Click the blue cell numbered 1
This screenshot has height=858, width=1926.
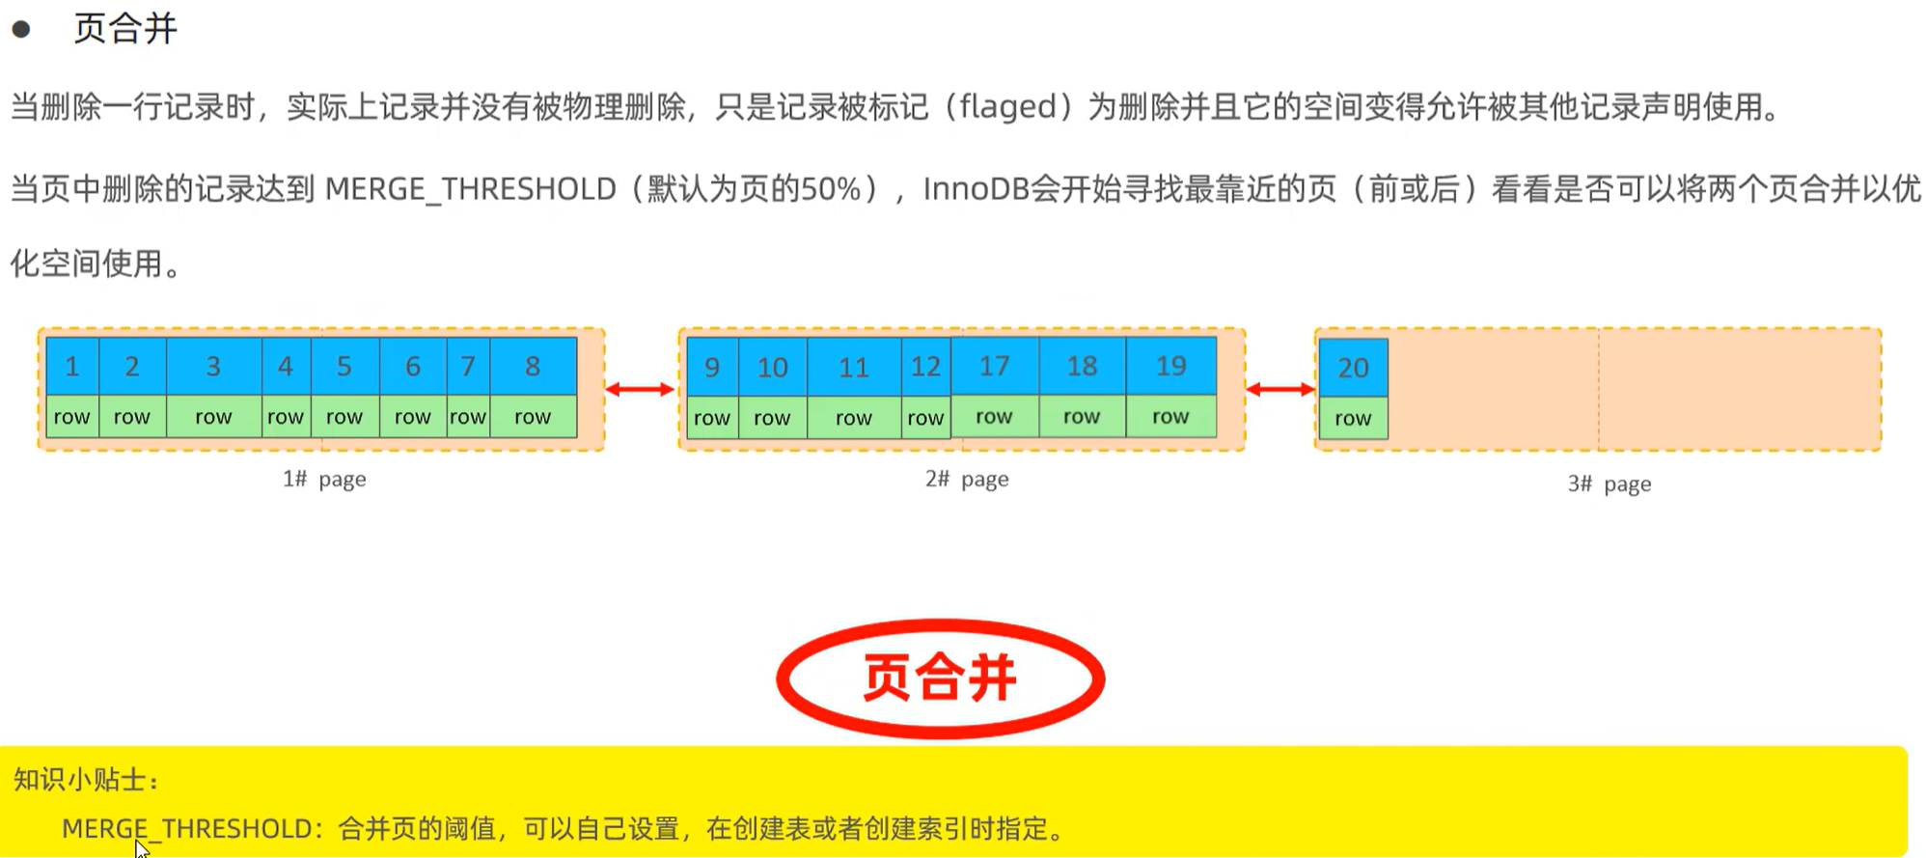tap(72, 367)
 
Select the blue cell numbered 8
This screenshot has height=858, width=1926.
tap(533, 367)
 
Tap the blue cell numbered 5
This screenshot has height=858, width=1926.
tap(344, 367)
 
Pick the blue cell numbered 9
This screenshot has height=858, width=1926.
tap(712, 368)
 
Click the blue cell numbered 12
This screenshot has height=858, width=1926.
tap(925, 368)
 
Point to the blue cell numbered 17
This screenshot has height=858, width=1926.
tap(994, 366)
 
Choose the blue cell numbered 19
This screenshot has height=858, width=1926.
tap(1170, 366)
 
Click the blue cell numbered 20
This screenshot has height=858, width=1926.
tap(1353, 368)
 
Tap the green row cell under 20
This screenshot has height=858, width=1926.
tap(1353, 419)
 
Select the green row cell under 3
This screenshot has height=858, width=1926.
tap(213, 417)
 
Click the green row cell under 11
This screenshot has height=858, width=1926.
tap(853, 418)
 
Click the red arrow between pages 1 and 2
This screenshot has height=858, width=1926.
tap(640, 389)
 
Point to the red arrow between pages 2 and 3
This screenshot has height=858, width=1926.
tap(1280, 389)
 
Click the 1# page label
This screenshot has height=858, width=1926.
tap(324, 479)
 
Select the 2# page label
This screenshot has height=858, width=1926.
tap(967, 479)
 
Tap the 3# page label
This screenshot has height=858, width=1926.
tap(1609, 484)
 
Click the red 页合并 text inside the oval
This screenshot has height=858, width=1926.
tap(940, 678)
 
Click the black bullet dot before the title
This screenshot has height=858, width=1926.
tap(21, 30)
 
